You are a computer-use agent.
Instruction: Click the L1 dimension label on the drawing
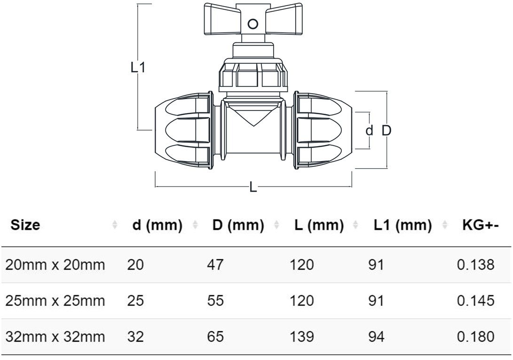(138, 68)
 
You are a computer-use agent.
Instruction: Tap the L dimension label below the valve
(253, 187)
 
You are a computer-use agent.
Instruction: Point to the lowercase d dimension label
(370, 131)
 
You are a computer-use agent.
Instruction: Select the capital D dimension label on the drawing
(386, 131)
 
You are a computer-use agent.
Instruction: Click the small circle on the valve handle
(253, 23)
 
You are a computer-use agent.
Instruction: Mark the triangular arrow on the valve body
(253, 116)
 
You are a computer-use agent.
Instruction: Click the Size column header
(25, 225)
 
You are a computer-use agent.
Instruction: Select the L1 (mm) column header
(403, 225)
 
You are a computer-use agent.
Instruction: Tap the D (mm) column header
(238, 225)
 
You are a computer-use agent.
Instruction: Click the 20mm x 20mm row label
(55, 265)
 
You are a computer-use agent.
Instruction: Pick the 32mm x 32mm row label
(55, 337)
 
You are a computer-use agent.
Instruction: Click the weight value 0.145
(475, 300)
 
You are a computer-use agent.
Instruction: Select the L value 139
(302, 337)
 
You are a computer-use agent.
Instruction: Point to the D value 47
(215, 265)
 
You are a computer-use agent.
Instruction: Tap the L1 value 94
(376, 337)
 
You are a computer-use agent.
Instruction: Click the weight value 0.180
(475, 337)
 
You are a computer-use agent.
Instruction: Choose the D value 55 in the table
(215, 300)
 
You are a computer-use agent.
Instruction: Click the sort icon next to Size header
(115, 226)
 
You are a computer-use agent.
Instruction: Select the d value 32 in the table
(135, 337)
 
